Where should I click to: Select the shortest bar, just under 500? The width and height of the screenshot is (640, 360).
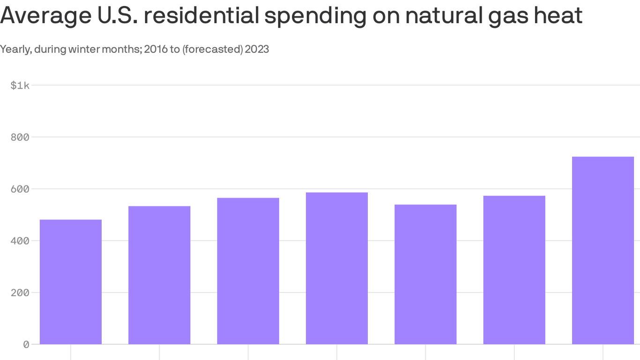[x=71, y=282]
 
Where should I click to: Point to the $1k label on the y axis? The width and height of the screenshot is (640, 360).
[x=20, y=85]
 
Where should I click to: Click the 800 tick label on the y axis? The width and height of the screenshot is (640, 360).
[x=20, y=137]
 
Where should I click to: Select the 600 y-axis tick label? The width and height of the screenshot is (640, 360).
[x=20, y=189]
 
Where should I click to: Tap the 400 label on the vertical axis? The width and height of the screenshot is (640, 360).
[x=20, y=240]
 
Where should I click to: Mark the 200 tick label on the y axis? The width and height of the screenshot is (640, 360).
[x=20, y=292]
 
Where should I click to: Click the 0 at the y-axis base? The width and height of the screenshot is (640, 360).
[x=26, y=345]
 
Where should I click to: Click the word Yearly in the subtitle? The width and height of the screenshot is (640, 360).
[x=15, y=49]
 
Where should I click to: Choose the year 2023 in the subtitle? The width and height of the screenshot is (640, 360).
[x=257, y=49]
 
